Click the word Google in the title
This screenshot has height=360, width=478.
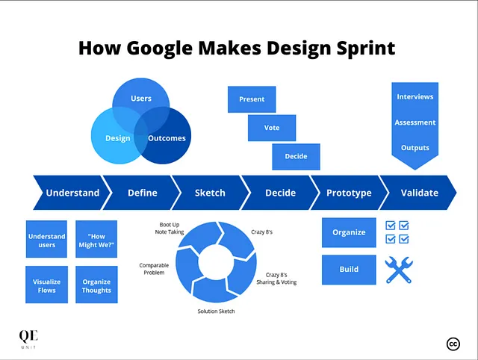[x=159, y=49]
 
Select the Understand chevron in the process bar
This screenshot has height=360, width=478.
[x=72, y=193]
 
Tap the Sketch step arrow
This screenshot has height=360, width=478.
[x=211, y=193]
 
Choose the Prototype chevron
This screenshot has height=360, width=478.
[x=349, y=193]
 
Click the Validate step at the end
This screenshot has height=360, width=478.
[x=418, y=193]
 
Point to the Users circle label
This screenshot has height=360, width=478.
[x=141, y=99]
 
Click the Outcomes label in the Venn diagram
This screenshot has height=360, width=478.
[x=167, y=138]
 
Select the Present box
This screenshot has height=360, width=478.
[x=252, y=99]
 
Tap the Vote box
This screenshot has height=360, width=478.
[x=272, y=128]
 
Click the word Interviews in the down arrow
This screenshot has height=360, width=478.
[x=415, y=96]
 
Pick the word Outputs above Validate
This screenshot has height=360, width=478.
[x=415, y=148]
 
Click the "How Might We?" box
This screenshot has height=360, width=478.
[x=96, y=239]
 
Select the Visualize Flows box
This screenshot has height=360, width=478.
[x=46, y=285]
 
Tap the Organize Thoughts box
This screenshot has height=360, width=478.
[x=96, y=285]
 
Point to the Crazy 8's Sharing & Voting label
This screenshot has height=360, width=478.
[x=276, y=279]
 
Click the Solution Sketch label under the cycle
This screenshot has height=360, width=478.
[x=216, y=311]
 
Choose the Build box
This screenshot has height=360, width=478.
[x=349, y=270]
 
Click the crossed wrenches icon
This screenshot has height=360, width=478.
[x=399, y=270]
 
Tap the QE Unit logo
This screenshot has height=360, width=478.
[x=28, y=339]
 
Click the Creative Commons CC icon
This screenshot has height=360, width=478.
[x=453, y=344]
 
